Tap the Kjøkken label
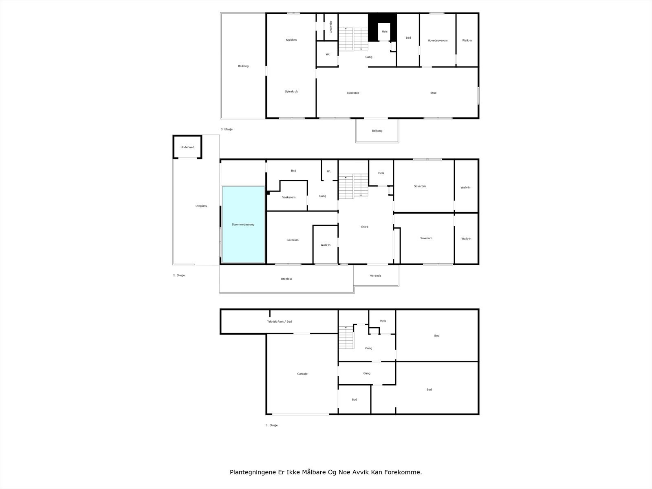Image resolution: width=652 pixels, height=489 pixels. coord(291,40)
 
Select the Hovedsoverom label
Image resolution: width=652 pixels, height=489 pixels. coord(438,40)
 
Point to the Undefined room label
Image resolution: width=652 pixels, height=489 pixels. coord(187,147)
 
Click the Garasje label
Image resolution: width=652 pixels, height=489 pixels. coord(302,374)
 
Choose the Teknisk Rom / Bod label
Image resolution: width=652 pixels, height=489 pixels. coord(280,322)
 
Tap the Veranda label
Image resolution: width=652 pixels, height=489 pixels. coord(375,276)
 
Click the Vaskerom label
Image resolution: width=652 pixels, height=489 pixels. coord(289,197)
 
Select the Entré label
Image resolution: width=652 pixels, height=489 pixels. coord(365,227)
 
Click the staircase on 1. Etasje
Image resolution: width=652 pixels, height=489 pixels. coord(346,338)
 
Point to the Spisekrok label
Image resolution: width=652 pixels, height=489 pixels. coord(291,92)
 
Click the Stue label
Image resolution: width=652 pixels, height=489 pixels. coord(433,93)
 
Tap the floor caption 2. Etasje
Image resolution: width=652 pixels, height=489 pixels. coord(179,275)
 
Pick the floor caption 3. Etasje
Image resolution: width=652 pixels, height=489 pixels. coord(227,129)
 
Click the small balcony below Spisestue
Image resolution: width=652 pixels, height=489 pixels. coord(377,131)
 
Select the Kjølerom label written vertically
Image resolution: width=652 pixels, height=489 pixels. coord(331,27)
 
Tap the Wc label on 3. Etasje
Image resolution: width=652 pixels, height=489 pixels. coord(328,54)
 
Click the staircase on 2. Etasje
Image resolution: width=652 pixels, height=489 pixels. coord(353,187)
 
